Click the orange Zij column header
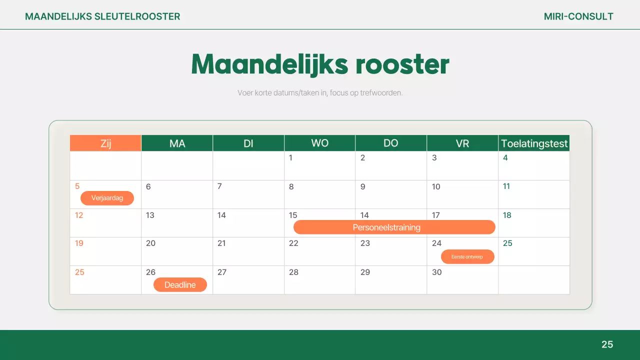(x=105, y=143)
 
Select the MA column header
(x=177, y=143)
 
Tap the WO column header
(x=319, y=143)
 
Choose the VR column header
(x=462, y=143)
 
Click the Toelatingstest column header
(x=534, y=143)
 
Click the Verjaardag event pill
(x=107, y=198)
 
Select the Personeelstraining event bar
(x=394, y=227)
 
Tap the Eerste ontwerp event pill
(x=467, y=257)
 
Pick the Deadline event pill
(x=179, y=284)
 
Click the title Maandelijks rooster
(x=320, y=64)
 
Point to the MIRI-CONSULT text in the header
(x=578, y=16)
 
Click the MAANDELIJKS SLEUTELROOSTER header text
(x=102, y=16)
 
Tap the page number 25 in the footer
(x=607, y=344)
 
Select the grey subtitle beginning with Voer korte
(x=320, y=93)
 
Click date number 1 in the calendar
(x=290, y=158)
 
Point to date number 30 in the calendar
(x=436, y=272)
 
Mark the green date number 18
(x=507, y=215)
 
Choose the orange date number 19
(x=79, y=243)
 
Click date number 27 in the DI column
(x=222, y=272)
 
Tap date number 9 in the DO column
(x=362, y=186)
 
